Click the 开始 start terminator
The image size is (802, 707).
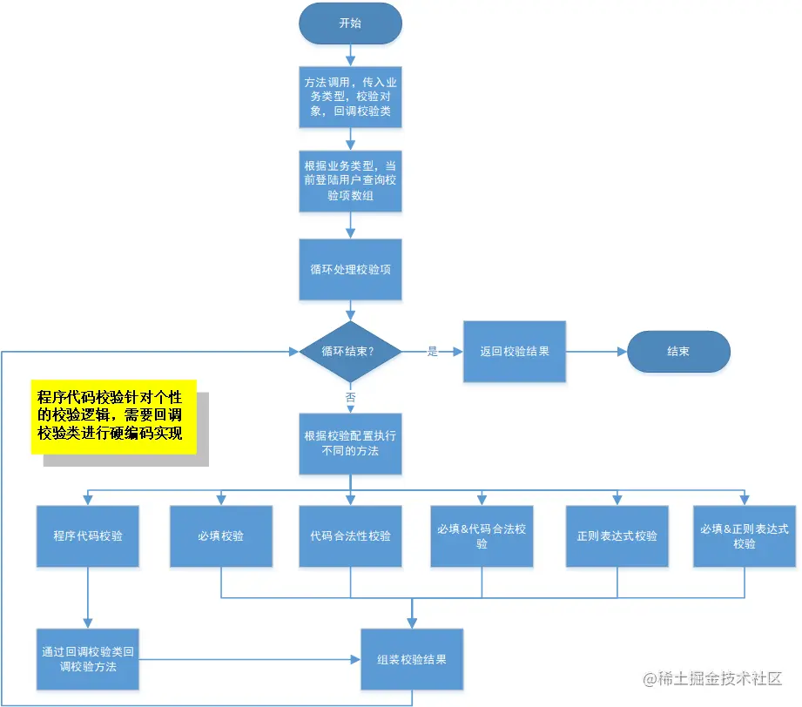click(x=350, y=24)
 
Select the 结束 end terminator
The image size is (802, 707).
click(x=678, y=352)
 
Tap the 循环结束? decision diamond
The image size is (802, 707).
click(x=350, y=352)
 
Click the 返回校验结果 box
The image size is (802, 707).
click(x=514, y=352)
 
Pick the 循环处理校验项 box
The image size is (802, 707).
click(x=350, y=269)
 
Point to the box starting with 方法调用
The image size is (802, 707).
click(x=350, y=98)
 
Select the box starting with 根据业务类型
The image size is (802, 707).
click(x=350, y=181)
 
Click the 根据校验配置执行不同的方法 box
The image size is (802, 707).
click(x=350, y=443)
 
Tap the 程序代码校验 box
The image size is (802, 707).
click(x=88, y=536)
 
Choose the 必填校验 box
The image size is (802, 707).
click(x=220, y=536)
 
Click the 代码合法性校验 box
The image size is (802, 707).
click(x=350, y=536)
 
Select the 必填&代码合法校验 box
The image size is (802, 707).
click(x=482, y=536)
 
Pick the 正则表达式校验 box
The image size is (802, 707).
click(x=617, y=536)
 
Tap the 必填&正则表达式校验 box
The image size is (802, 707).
click(x=745, y=536)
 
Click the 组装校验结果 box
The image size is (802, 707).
click(x=412, y=659)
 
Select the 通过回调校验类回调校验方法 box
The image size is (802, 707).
click(x=88, y=659)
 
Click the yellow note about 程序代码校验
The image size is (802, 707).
click(x=114, y=416)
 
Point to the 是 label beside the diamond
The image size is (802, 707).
click(x=433, y=352)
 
